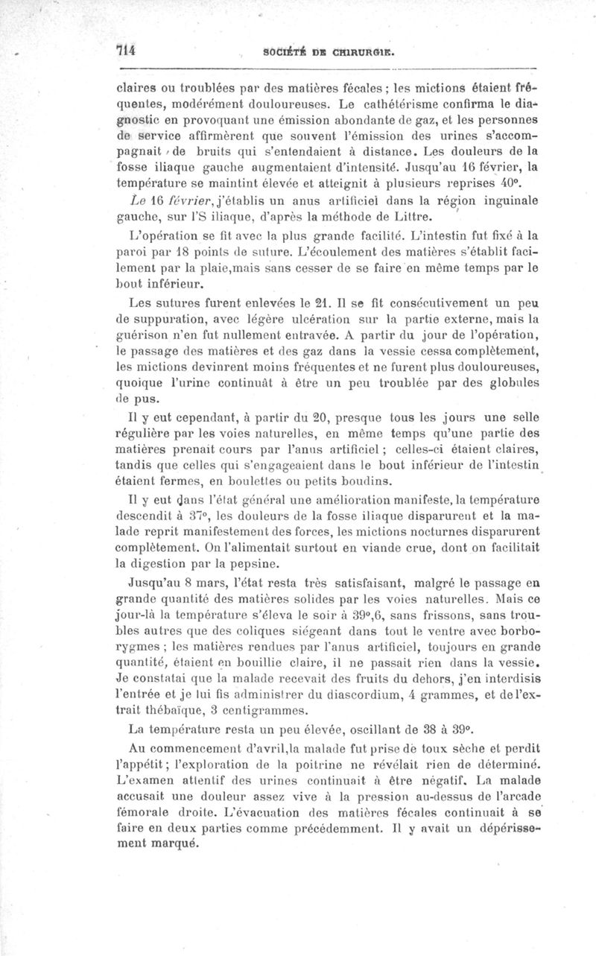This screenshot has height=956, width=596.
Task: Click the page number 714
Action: click(x=124, y=51)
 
